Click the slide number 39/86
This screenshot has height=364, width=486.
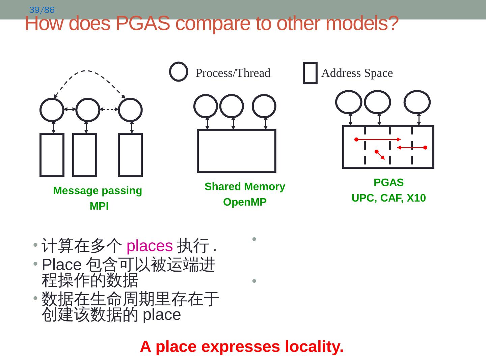click(42, 10)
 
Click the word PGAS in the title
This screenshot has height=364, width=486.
click(142, 24)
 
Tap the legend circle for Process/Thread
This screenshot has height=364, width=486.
click(179, 72)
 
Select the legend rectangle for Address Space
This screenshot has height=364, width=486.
click(310, 72)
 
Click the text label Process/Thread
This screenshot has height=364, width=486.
click(233, 73)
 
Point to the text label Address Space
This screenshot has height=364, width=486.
click(357, 73)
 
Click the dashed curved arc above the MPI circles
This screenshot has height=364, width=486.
click(86, 71)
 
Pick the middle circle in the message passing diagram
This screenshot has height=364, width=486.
click(88, 110)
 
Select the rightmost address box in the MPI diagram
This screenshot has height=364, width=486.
click(130, 155)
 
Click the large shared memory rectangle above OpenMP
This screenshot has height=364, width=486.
click(237, 151)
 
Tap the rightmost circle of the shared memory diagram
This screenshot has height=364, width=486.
click(264, 106)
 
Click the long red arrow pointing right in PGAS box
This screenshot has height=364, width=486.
click(378, 139)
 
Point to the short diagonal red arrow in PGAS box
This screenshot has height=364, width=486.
click(380, 155)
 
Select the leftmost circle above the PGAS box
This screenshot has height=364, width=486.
click(349, 102)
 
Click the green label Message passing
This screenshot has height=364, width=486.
click(98, 191)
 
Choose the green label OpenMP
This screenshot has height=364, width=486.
click(245, 202)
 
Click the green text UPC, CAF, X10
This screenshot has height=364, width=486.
click(388, 198)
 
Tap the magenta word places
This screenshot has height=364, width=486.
click(150, 246)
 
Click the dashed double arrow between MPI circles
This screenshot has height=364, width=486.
click(109, 109)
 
